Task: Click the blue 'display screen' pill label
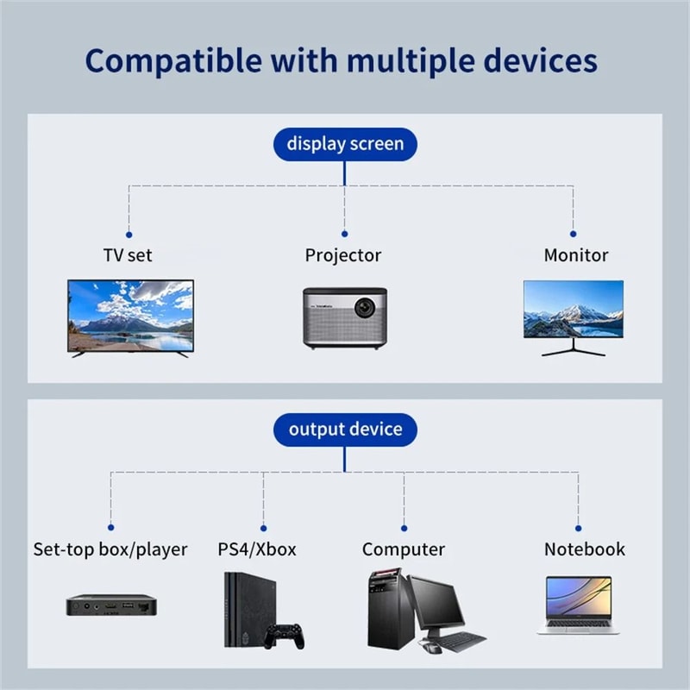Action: coord(344,143)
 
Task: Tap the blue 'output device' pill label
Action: coord(344,429)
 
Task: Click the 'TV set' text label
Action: coord(127,255)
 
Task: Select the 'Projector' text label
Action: coord(342,255)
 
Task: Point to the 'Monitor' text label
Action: coord(575,255)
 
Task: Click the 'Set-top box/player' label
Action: coord(110,549)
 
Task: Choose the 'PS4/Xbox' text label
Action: coord(257,549)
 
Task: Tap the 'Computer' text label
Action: coord(403,549)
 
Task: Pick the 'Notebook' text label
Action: coord(584,549)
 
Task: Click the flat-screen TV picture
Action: coord(130,315)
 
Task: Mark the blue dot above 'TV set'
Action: coord(129,234)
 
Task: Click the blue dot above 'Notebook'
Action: coord(578,527)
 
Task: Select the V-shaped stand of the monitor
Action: coord(573,348)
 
